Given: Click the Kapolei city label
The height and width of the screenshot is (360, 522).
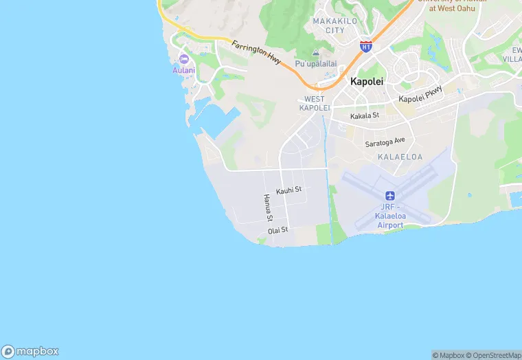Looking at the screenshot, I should tap(367, 81).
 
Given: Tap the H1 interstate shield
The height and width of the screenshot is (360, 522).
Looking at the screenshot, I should tap(366, 46).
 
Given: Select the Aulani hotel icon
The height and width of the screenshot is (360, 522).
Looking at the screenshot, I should tap(183, 58).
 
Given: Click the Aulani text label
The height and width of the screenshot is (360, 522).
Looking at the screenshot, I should tap(183, 70).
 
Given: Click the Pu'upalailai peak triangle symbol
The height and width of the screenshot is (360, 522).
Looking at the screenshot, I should tap(316, 53).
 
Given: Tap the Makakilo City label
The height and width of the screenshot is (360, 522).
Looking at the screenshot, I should tap(329, 25).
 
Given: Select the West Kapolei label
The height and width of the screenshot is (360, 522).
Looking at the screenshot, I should tap(315, 104).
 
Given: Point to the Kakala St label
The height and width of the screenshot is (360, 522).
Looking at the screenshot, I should tap(365, 116).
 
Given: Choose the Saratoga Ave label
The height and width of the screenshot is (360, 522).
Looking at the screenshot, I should tap(385, 143).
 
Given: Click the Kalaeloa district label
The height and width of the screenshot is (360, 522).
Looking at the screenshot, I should tap(400, 157).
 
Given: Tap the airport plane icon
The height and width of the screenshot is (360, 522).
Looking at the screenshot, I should tap(390, 196).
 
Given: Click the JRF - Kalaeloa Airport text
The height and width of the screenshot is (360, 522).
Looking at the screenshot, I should tap(390, 216).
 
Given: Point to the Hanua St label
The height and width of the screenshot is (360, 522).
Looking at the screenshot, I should tap(268, 207).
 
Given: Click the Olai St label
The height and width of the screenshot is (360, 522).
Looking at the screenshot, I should tap(278, 230).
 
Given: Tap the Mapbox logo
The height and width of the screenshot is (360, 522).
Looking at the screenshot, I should tap(30, 351).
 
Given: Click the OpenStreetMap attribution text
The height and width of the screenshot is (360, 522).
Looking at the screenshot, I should tap(493, 355).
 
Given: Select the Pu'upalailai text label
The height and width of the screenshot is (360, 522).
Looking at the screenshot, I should tap(316, 64).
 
